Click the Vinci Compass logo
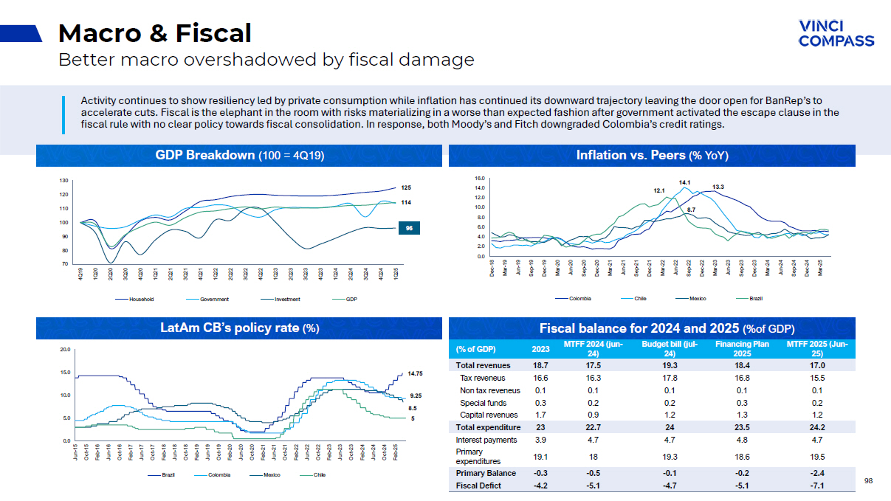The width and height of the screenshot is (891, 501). [x=836, y=33]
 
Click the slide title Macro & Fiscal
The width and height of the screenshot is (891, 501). [x=154, y=33]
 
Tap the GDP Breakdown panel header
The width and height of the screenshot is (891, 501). [x=239, y=156]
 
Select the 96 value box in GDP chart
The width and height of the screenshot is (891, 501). [x=410, y=229]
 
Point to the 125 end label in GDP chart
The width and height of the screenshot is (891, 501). [x=405, y=188]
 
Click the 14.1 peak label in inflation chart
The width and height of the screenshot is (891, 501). [x=684, y=182]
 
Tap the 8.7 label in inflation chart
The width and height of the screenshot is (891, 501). [x=691, y=210]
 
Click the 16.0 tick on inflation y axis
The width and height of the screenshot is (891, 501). [x=479, y=179]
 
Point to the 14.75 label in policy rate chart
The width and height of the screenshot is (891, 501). [x=415, y=373]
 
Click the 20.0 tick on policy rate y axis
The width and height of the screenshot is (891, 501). [x=64, y=350]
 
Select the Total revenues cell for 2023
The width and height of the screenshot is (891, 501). [x=540, y=365]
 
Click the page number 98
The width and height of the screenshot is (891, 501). [x=868, y=481]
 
